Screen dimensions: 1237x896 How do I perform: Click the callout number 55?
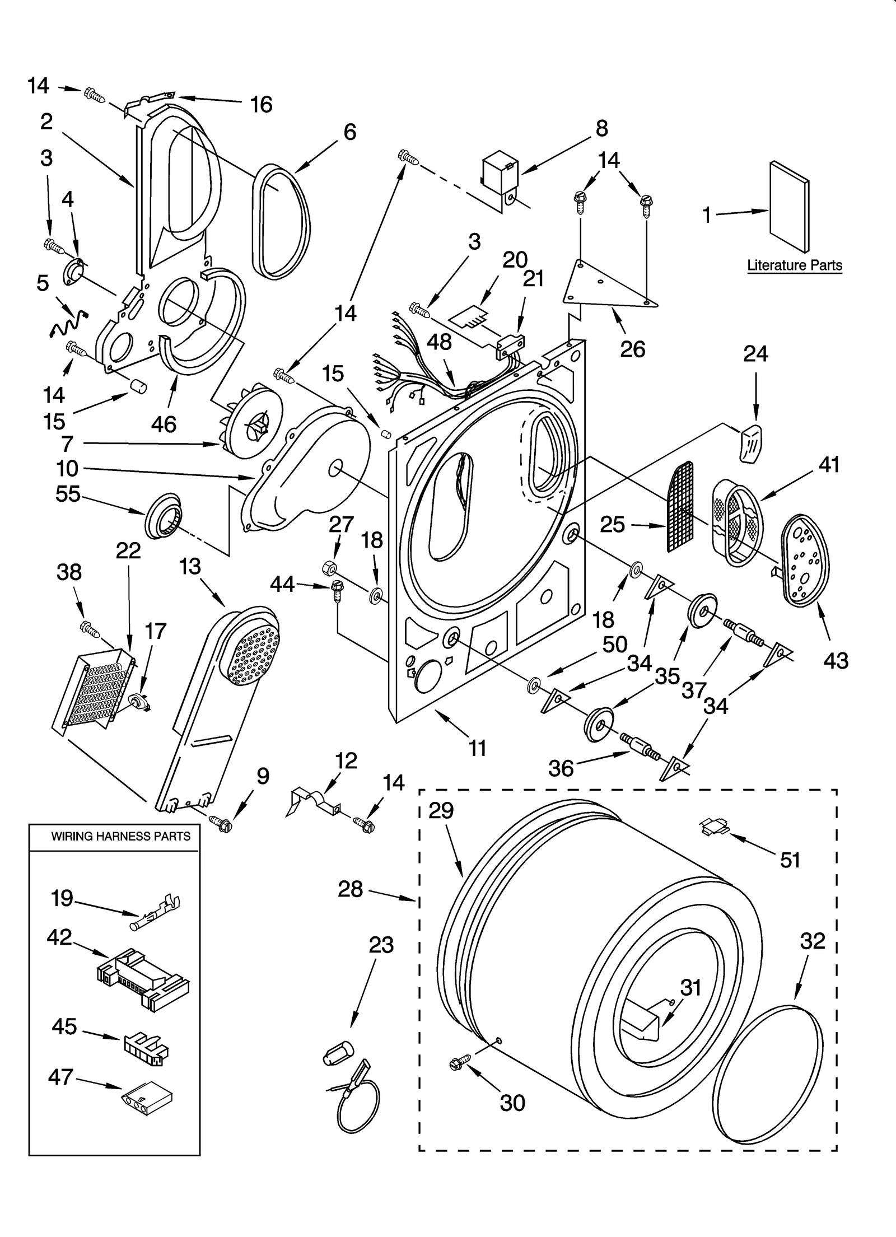[68, 494]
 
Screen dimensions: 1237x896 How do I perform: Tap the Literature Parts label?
[794, 265]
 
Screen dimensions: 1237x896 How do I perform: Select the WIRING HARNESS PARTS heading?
[120, 837]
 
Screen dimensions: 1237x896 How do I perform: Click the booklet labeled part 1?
[788, 207]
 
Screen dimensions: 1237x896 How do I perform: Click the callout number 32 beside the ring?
[813, 941]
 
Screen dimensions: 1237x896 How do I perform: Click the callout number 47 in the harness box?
[61, 1077]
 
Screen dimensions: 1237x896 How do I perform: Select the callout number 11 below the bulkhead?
[477, 748]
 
